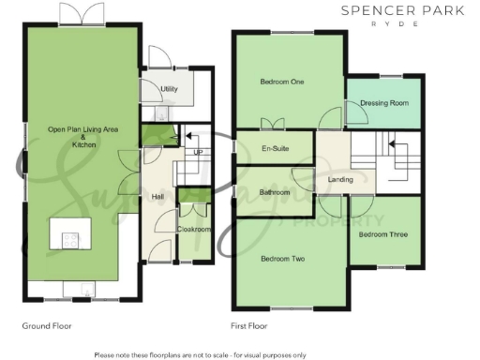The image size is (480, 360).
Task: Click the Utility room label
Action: (169, 90)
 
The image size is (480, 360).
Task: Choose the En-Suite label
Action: (273, 149)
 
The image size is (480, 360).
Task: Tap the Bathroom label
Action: (274, 193)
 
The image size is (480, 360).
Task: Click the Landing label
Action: (340, 178)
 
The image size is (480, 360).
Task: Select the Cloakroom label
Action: (194, 229)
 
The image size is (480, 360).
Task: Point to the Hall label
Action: (159, 196)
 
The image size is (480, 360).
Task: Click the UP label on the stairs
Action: (197, 152)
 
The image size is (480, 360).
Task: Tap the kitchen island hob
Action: (70, 239)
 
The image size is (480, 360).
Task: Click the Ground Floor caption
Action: (46, 326)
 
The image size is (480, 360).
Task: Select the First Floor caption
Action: (250, 326)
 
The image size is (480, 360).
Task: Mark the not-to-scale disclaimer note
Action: (200, 354)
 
